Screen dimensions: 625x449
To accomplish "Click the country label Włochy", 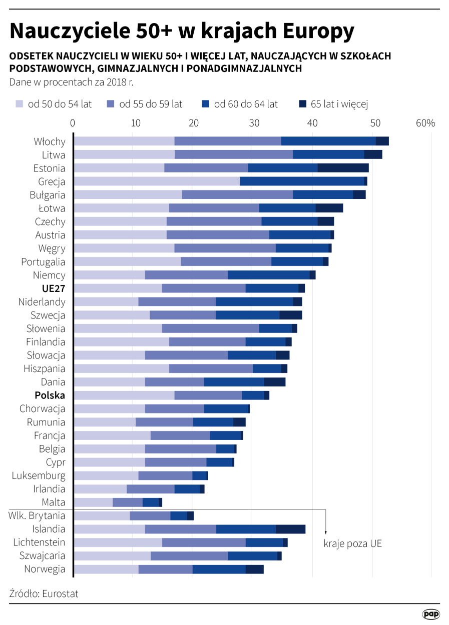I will point(50,141).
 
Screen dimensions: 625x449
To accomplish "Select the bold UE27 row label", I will point(54,288).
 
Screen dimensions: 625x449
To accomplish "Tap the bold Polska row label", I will point(50,395).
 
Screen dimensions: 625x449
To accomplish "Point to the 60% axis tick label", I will point(425,123).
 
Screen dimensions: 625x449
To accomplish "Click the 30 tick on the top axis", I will point(255,123).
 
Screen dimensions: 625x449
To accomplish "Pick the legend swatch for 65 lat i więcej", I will point(302,104).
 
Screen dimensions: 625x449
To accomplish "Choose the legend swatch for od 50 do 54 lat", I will point(20,104).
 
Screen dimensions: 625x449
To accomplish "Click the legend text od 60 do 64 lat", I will point(246,104).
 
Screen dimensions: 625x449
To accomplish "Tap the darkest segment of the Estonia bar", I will point(343,168).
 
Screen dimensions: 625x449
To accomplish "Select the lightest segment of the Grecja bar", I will point(156,181).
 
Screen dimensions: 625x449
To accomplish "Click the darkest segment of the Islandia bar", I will point(290,529).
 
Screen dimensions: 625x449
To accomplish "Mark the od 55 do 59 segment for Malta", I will point(128,502).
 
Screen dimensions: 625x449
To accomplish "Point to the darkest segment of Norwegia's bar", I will point(254,569).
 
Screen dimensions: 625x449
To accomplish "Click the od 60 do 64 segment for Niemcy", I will point(269,275).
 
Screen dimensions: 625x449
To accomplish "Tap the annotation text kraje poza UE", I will point(352,543).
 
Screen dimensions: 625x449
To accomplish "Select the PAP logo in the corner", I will point(430,614).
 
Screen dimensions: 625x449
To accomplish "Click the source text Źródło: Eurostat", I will point(44,593).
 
